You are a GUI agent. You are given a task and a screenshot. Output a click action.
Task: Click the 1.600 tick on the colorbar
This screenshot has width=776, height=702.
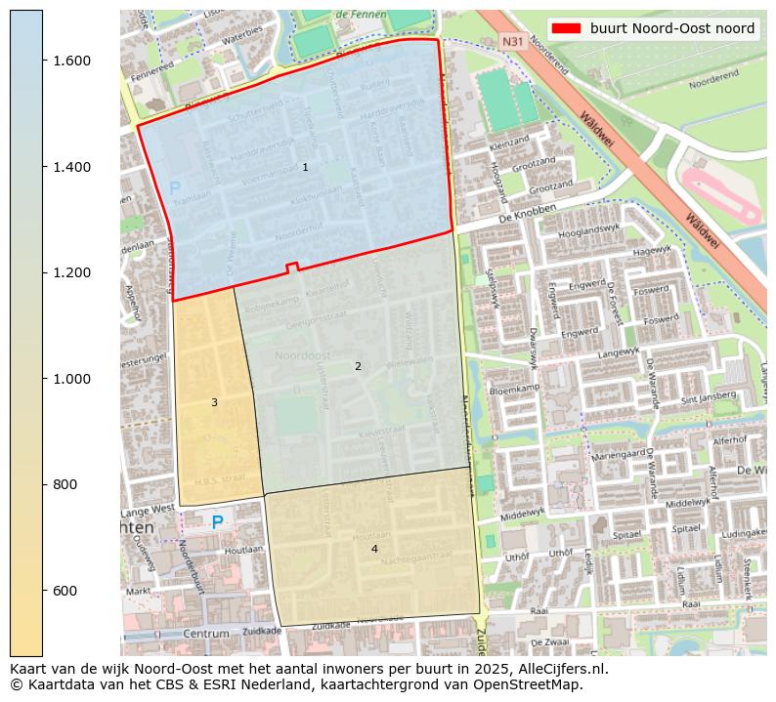tap(43, 61)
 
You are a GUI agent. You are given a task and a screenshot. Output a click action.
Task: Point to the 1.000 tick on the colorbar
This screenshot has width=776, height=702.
tap(43, 379)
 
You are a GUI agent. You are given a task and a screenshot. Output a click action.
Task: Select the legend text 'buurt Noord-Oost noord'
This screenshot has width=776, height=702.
tap(671, 28)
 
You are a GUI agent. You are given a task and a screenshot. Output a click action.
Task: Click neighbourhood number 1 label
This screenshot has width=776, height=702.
tap(305, 168)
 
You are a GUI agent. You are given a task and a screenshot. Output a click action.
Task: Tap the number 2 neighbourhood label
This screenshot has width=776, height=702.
tap(358, 367)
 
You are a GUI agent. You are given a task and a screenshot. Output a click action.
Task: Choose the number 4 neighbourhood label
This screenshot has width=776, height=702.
tap(373, 550)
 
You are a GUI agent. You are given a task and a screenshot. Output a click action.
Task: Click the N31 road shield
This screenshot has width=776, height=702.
tap(512, 42)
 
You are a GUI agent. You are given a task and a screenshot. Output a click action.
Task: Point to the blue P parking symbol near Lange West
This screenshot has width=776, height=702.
tap(217, 522)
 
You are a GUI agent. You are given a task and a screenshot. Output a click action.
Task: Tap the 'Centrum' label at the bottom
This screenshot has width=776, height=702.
tap(205, 634)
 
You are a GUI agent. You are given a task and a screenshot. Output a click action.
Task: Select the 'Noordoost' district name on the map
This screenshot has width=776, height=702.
tap(302, 355)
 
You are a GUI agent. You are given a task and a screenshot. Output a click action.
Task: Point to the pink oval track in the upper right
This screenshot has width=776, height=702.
tap(720, 194)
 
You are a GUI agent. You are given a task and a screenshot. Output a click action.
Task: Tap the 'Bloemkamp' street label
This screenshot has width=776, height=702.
tap(514, 388)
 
